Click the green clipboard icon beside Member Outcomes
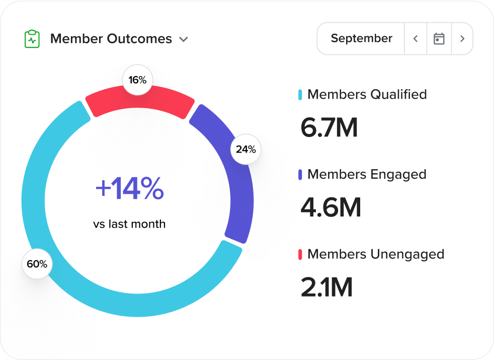click(32, 39)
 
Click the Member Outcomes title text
click(111, 39)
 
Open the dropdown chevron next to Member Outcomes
click(184, 39)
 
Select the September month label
click(361, 38)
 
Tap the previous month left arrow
click(416, 39)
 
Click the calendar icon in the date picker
click(439, 39)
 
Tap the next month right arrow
click(462, 39)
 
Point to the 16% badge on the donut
click(137, 80)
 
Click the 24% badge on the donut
click(245, 150)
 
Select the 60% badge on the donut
click(37, 264)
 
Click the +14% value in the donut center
click(129, 189)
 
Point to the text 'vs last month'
click(129, 224)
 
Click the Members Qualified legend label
click(367, 94)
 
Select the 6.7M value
click(329, 127)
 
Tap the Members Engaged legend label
click(367, 174)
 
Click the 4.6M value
click(331, 207)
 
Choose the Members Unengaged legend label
click(375, 254)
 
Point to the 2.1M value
click(326, 287)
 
